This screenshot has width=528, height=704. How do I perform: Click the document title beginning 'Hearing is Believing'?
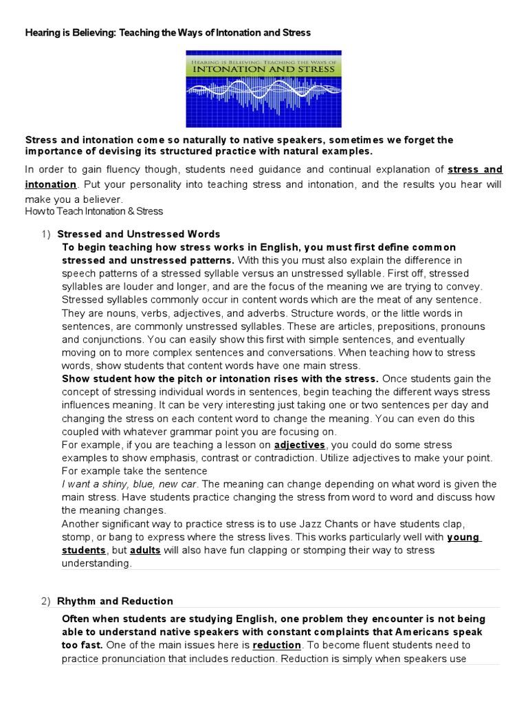pyautogui.click(x=168, y=32)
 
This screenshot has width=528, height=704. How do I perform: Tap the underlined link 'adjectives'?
pyautogui.click(x=299, y=445)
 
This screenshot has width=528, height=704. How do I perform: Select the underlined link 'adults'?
pyautogui.click(x=145, y=550)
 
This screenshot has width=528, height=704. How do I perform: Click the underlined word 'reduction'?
pyautogui.click(x=276, y=645)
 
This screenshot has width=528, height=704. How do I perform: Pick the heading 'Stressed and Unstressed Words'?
pyautogui.click(x=138, y=234)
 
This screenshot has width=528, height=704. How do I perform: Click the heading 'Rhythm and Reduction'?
pyautogui.click(x=115, y=601)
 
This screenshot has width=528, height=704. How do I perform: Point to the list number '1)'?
pyautogui.click(x=46, y=234)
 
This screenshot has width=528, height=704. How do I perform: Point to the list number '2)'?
pyautogui.click(x=46, y=601)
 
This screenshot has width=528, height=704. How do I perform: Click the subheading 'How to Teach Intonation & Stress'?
pyautogui.click(x=94, y=211)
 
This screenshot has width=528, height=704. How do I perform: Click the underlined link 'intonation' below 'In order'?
pyautogui.click(x=51, y=184)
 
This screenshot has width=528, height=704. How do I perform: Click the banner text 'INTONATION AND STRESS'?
pyautogui.click(x=264, y=69)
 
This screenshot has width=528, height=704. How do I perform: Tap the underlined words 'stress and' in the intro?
pyautogui.click(x=475, y=169)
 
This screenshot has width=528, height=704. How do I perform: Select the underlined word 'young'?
pyautogui.click(x=463, y=537)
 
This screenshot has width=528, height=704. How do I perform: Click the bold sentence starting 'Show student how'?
pyautogui.click(x=220, y=379)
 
